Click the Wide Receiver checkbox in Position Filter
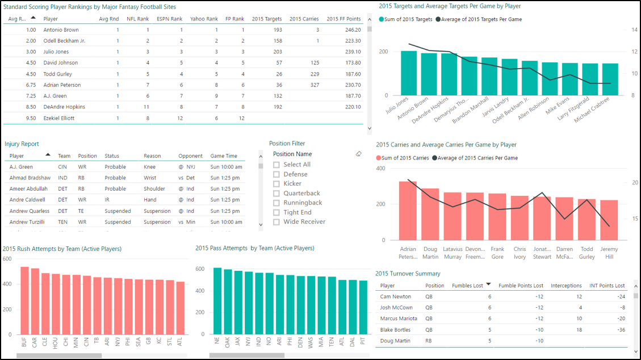click(x=276, y=222)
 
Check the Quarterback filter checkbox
click(x=276, y=194)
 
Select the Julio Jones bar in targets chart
click(x=409, y=73)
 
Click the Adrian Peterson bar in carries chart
click(x=408, y=210)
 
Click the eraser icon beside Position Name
click(x=358, y=154)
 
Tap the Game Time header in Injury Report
click(x=224, y=156)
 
